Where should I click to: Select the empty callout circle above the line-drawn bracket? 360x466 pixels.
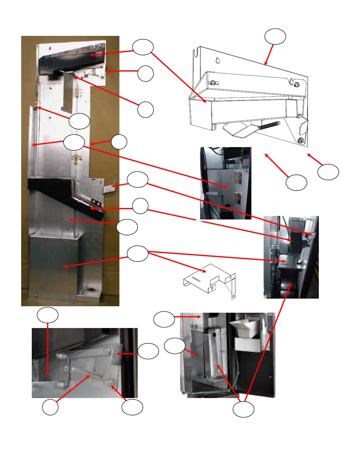point(275,36)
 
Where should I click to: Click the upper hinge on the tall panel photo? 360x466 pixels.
point(79,92)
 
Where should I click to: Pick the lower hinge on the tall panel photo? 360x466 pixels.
point(78,159)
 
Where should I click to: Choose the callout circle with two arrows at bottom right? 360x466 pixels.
point(244,409)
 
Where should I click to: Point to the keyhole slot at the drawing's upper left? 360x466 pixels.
point(218,60)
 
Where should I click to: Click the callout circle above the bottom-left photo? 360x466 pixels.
point(48,315)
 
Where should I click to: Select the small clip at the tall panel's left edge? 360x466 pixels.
point(36,105)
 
